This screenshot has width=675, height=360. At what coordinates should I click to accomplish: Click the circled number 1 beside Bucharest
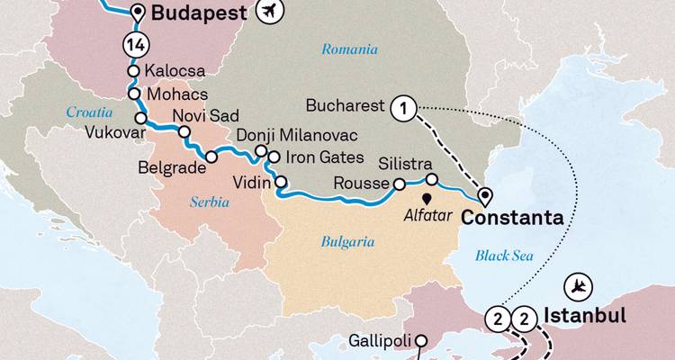point(404,108)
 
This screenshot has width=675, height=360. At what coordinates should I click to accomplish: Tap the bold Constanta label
point(512,219)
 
